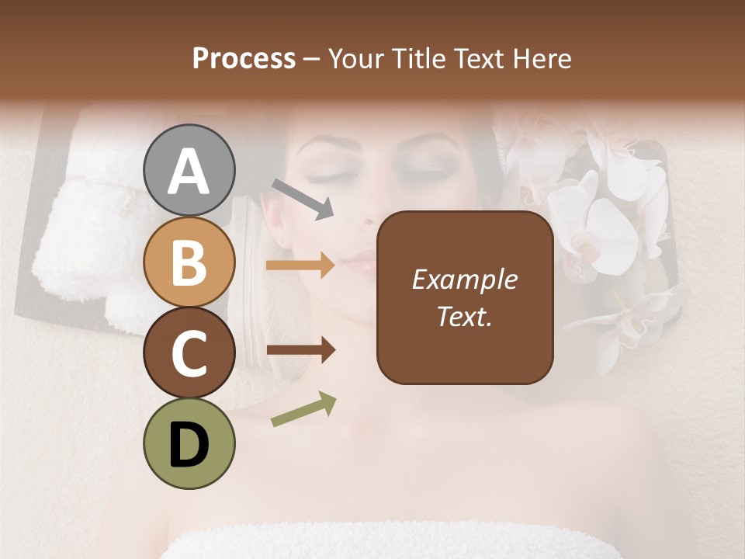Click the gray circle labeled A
[x=189, y=171]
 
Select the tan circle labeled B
[x=189, y=262]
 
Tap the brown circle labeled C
[x=189, y=352]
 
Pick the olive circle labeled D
[x=189, y=443]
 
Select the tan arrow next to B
[x=300, y=266]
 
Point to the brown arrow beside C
[x=300, y=351]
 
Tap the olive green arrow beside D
[x=303, y=409]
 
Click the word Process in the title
[x=244, y=59]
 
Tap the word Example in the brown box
[x=464, y=280]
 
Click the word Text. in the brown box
[x=464, y=316]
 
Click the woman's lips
[x=359, y=262]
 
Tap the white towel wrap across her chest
[x=388, y=543]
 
